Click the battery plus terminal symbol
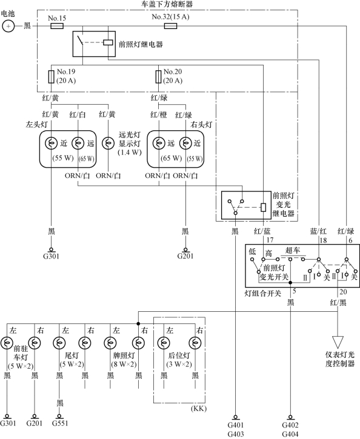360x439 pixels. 8,26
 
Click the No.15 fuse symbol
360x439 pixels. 57,26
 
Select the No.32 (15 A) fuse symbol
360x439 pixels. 170,26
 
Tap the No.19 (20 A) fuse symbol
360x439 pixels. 51,77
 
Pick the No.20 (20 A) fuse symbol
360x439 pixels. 158,77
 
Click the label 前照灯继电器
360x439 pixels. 141,44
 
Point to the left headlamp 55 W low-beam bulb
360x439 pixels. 51,144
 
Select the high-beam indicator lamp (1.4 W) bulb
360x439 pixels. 108,144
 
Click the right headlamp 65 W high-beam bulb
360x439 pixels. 159,144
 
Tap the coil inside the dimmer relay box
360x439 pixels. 263,208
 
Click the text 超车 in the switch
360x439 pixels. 293,250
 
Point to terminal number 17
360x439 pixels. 270,240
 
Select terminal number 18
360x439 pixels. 323,240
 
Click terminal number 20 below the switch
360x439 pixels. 343,292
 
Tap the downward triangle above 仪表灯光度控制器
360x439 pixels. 338,342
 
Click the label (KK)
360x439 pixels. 199,409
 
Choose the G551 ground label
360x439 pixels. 60,423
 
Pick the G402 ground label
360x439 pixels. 290,425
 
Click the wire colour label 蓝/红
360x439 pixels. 318,231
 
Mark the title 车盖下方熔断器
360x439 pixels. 167,4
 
